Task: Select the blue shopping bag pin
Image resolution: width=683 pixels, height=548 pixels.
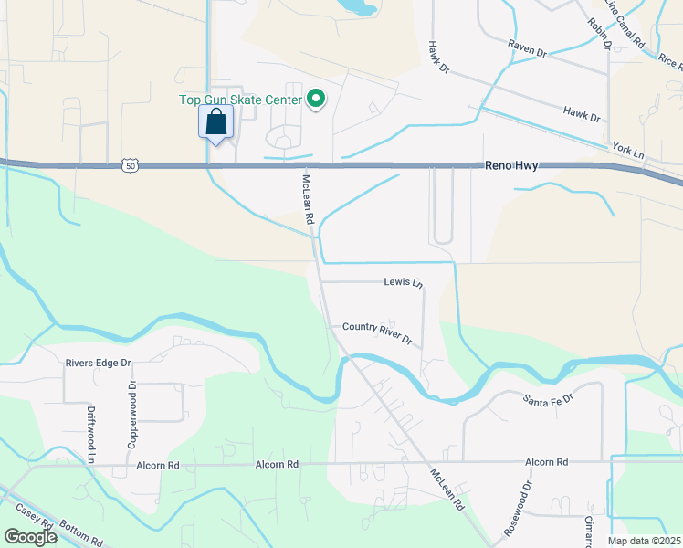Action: (216, 122)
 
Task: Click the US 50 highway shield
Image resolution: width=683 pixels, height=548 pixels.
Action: (131, 165)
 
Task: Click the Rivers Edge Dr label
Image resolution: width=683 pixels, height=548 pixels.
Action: (98, 363)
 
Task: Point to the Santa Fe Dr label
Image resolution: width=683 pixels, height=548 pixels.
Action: (547, 398)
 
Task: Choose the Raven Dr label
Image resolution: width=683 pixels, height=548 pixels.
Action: (527, 54)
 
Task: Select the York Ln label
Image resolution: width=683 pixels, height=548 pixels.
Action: (628, 151)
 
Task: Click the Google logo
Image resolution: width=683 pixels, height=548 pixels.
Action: (30, 536)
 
